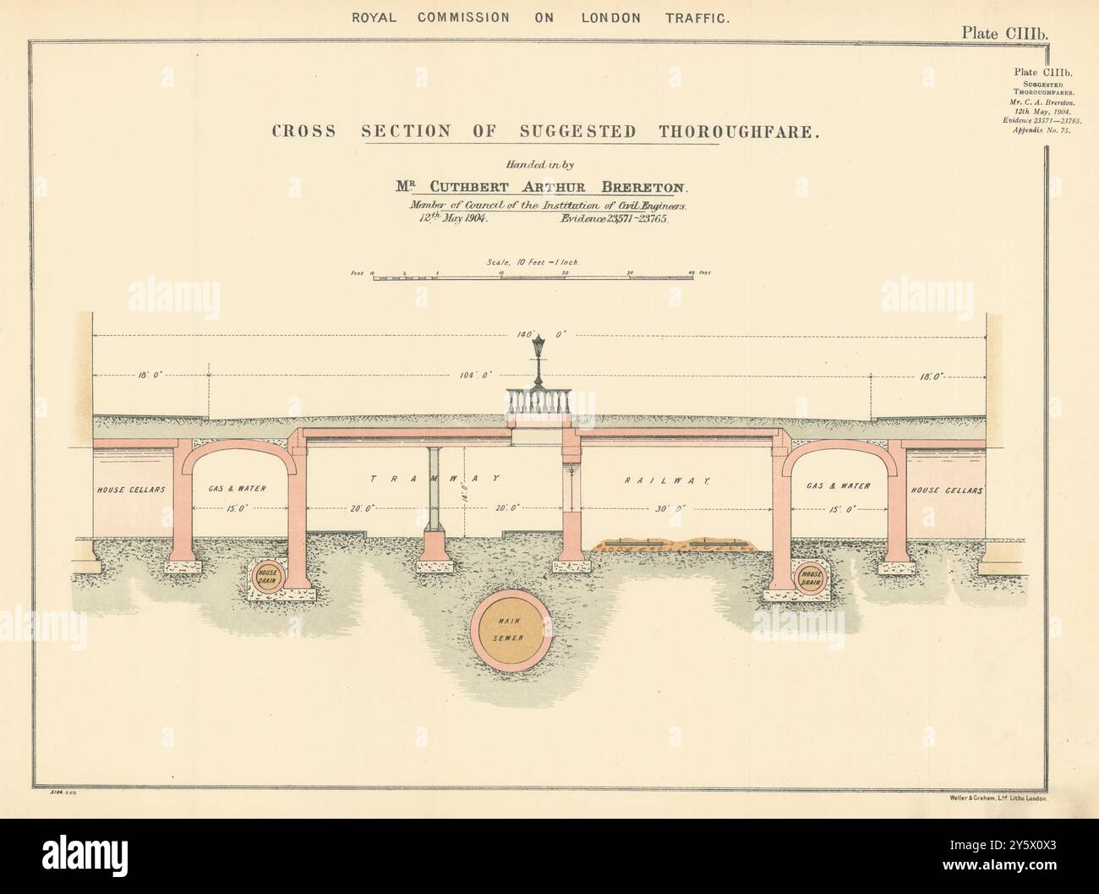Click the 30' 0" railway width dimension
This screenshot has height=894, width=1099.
pos(672,508)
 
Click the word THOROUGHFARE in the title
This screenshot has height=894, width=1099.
pos(719,132)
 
